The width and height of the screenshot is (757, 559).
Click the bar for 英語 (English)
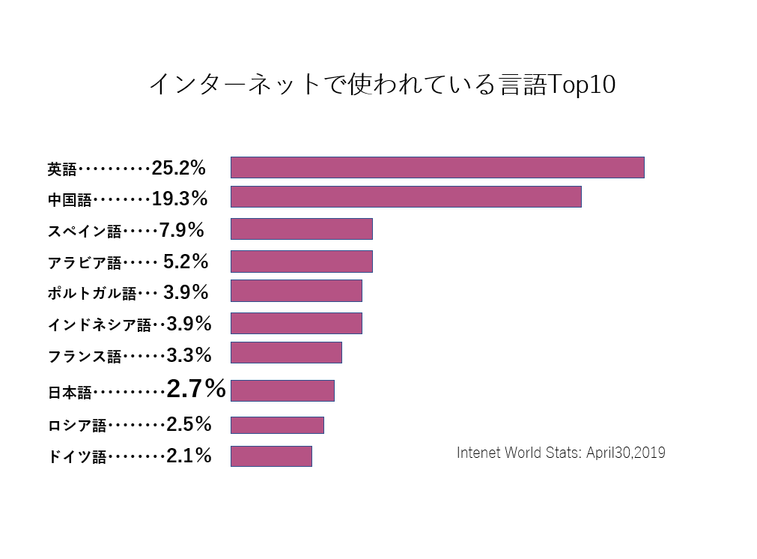click(437, 167)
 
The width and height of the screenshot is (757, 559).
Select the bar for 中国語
click(406, 196)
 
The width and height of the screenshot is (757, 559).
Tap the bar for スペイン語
click(301, 229)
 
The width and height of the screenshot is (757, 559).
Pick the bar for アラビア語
click(301, 261)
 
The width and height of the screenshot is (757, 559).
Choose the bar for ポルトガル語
click(296, 291)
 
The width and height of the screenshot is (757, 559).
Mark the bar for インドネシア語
click(296, 323)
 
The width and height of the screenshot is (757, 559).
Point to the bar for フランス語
click(286, 352)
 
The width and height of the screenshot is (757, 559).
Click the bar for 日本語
click(282, 390)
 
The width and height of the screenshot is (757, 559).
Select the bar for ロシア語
click(277, 425)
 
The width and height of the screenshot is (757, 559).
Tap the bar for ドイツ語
click(271, 456)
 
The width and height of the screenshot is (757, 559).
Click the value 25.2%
click(178, 168)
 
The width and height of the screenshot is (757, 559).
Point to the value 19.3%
click(179, 199)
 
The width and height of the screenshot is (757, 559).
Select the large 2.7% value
click(196, 388)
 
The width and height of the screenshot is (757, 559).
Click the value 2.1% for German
click(189, 455)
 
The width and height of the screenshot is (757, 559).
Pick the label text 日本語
click(69, 392)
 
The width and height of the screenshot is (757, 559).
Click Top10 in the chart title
click(582, 85)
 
